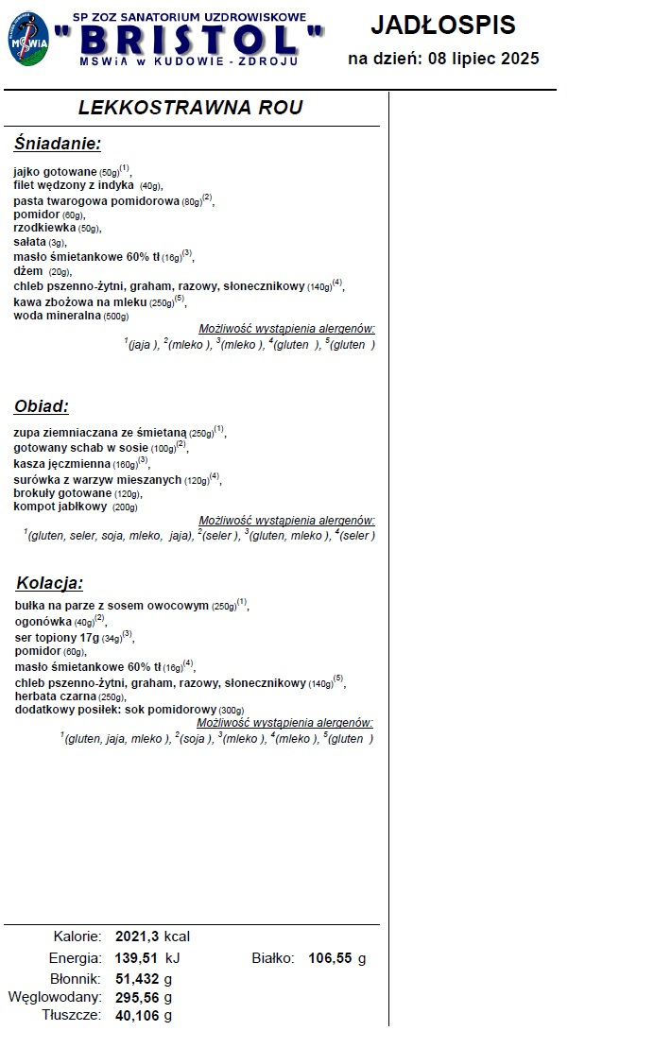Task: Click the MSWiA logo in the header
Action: click(x=28, y=39)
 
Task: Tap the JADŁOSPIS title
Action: click(x=442, y=25)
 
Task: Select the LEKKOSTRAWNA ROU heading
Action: click(x=190, y=108)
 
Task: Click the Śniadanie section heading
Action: click(x=57, y=144)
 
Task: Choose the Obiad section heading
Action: click(x=41, y=407)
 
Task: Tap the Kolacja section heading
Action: click(x=49, y=582)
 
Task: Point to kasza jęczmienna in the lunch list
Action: click(x=62, y=464)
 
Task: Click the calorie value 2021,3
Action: click(x=138, y=936)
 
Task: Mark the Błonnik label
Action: click(x=76, y=978)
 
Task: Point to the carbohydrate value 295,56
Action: click(x=138, y=997)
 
